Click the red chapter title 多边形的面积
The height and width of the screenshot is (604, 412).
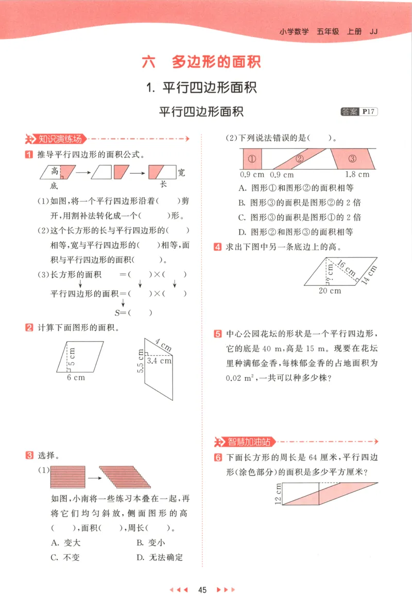pyautogui.click(x=216, y=62)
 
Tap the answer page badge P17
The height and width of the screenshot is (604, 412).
pyautogui.click(x=368, y=112)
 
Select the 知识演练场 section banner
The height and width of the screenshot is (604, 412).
pyautogui.click(x=56, y=139)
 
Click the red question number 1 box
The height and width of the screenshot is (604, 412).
pyautogui.click(x=29, y=154)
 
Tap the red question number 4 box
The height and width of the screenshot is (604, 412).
pyautogui.click(x=217, y=247)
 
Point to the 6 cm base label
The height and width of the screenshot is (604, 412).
pyautogui.click(x=76, y=377)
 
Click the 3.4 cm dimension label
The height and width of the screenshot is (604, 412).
pyautogui.click(x=159, y=361)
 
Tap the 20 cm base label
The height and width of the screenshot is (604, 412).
pyautogui.click(x=330, y=290)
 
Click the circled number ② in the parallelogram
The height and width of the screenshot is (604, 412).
pyautogui.click(x=300, y=158)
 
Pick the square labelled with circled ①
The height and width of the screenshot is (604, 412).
pyautogui.click(x=251, y=158)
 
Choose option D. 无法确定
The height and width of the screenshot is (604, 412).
pyautogui.click(x=160, y=557)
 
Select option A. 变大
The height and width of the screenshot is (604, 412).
pyautogui.click(x=66, y=543)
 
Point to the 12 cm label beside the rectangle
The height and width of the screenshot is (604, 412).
pyautogui.click(x=278, y=494)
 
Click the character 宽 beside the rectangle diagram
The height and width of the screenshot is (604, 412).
pyautogui.click(x=181, y=172)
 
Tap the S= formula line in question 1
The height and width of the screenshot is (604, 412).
pyautogui.click(x=133, y=313)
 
